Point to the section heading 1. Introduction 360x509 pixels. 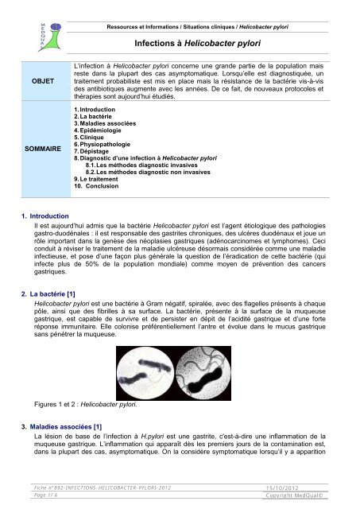pos(48,216)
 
